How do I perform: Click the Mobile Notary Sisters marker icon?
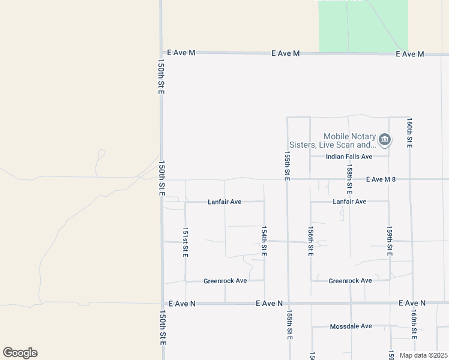[x=385, y=141]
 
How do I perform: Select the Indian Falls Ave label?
[x=349, y=157]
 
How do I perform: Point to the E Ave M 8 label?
[x=381, y=179]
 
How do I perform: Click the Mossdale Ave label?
[x=351, y=326]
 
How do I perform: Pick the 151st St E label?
[x=185, y=242]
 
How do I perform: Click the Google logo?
[x=20, y=353]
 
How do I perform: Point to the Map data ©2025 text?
[x=423, y=355]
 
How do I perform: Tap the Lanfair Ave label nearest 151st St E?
[x=224, y=202]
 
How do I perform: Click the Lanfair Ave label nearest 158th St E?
[x=349, y=202]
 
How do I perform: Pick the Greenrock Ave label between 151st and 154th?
[x=225, y=281]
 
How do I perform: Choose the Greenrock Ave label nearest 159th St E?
[x=350, y=281]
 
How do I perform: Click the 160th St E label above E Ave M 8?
[x=409, y=133]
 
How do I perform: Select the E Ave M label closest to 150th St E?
[x=181, y=53]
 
